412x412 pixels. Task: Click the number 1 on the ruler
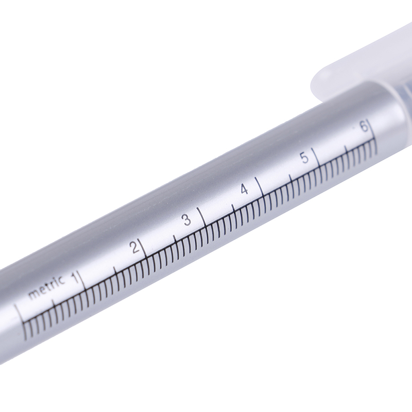[x=76, y=278]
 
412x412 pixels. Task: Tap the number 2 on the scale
[x=135, y=247]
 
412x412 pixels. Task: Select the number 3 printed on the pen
[x=187, y=220]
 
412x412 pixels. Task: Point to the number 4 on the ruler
[x=244, y=189]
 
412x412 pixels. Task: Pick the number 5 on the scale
[x=304, y=158]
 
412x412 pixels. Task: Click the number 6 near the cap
[x=364, y=127]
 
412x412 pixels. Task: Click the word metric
[x=46, y=287]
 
